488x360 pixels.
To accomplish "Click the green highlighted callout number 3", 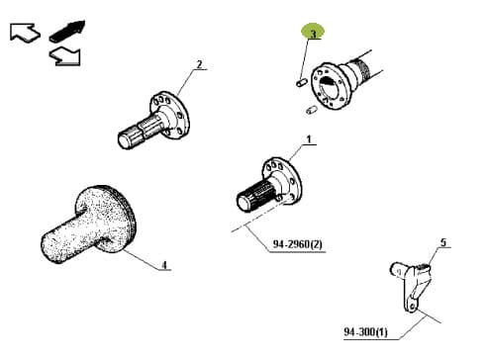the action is coord(313,34).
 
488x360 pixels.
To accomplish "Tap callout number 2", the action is coord(199,64).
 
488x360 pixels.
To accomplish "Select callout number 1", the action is coord(309,139).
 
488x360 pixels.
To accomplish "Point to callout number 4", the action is coord(164,265).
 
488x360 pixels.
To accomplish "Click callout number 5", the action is coord(443,242).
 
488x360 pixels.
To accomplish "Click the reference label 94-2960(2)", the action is coord(297,244).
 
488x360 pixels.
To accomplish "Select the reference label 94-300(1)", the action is coord(366,331).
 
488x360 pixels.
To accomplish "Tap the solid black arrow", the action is coord(67,32).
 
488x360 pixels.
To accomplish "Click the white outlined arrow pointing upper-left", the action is coord(25,32).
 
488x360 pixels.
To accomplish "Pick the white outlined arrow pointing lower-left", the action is coord(64,56).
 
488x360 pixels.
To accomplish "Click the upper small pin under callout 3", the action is coord(301,82).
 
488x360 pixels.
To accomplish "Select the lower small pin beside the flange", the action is coord(311,110).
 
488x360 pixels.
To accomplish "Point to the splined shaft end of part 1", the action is coord(255,196).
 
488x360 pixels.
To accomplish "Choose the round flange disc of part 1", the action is coord(282,181).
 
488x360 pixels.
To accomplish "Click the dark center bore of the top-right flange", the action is coord(328,85).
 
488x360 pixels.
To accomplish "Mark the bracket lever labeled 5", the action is coord(412,285).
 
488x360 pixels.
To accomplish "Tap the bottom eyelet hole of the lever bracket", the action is coord(412,307).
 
